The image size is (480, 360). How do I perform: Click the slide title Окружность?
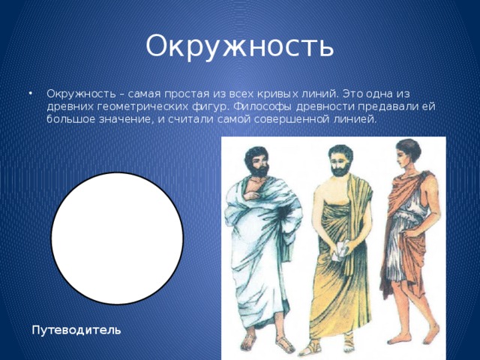coord(239,46)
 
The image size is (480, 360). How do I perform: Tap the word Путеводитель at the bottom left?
coord(74,330)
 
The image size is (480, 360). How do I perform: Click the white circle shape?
coord(117,238)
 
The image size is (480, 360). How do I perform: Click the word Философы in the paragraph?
coord(254,106)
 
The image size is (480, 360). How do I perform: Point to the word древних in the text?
coord(68,106)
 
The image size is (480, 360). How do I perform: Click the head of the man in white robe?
coord(257,159)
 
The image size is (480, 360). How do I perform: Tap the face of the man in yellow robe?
coord(337,160)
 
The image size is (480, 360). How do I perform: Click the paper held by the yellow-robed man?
coord(340,251)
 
